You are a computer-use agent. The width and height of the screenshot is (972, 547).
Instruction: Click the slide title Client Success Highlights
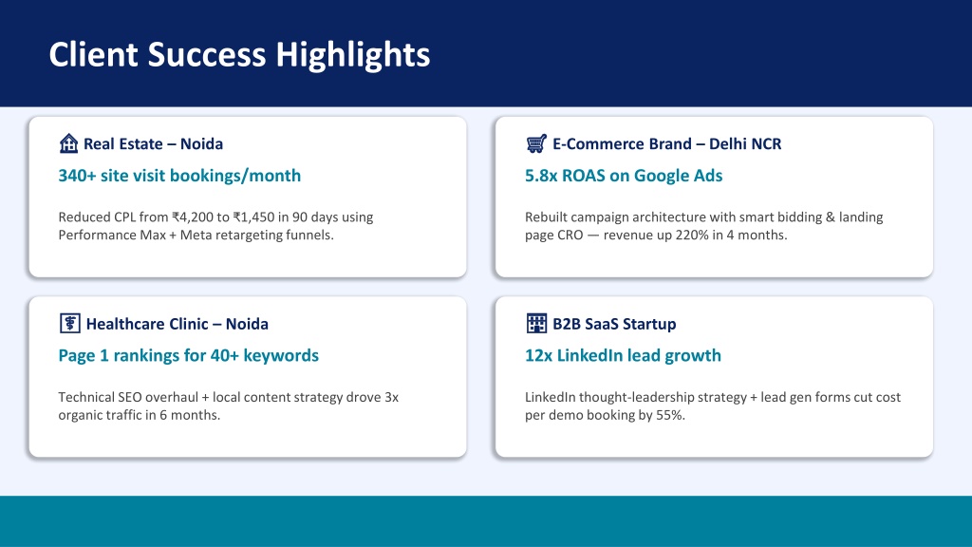tap(239, 54)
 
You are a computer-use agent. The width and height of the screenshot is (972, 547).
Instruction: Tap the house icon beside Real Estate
tap(68, 143)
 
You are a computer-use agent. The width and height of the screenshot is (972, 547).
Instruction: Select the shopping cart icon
tap(536, 143)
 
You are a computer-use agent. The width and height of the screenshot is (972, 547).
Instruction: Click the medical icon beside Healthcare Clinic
tap(70, 323)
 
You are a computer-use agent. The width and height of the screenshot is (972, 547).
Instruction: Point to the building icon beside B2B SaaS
tap(536, 323)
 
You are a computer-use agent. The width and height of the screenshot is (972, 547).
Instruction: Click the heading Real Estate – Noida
tap(153, 144)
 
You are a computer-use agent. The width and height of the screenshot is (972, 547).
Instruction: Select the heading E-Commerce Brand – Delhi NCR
tap(667, 144)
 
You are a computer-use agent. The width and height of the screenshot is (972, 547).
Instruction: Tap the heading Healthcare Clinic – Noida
tap(178, 324)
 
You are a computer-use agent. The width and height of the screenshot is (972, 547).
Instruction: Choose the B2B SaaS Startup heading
tap(614, 324)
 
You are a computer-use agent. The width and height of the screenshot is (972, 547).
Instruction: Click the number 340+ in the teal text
tap(78, 176)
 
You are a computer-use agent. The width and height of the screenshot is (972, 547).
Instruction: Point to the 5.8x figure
tap(541, 176)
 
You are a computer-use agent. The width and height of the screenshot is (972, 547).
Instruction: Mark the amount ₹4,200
tap(192, 217)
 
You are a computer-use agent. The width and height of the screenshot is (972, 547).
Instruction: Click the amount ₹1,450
tap(253, 217)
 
